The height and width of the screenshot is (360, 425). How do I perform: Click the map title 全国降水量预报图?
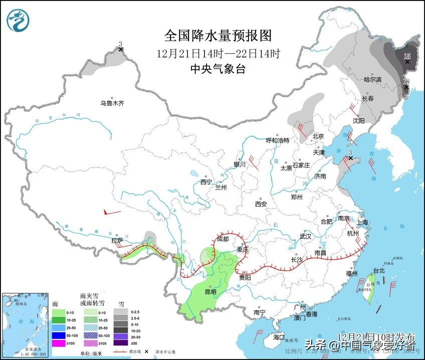pos(218,36)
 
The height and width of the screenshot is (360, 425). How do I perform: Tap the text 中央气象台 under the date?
pos(218,69)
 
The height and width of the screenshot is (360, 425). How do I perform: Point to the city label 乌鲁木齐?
pos(111,104)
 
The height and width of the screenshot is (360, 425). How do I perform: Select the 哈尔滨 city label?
pos(372,80)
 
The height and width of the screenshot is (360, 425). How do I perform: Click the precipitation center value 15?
pos(407,56)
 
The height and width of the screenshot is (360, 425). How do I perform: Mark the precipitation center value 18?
pos(406,81)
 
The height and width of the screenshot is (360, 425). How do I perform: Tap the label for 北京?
pos(318,136)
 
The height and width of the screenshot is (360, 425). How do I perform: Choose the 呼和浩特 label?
pos(277,140)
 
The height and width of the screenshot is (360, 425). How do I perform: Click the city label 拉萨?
pos(117,241)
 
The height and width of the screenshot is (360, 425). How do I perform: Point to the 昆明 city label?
pos(210,292)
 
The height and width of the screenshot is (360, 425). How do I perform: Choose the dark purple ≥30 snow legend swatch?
pos(120,343)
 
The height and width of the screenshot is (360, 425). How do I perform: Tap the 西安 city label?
pos(261,204)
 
